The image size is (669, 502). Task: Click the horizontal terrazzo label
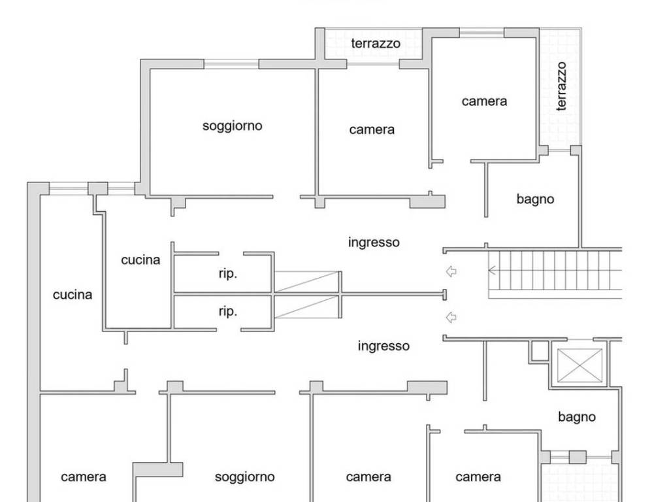pyautogui.click(x=376, y=44)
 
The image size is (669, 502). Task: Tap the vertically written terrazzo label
pyautogui.click(x=562, y=86)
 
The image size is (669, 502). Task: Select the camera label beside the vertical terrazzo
pyautogui.click(x=484, y=101)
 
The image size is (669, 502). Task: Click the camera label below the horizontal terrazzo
pyautogui.click(x=372, y=129)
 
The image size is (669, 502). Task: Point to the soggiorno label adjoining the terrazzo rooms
pyautogui.click(x=233, y=125)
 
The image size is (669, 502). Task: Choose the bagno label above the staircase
pyautogui.click(x=535, y=199)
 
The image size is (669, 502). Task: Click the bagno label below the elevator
pyautogui.click(x=577, y=416)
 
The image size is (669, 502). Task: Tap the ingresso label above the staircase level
pyautogui.click(x=374, y=243)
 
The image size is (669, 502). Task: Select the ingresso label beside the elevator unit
pyautogui.click(x=383, y=346)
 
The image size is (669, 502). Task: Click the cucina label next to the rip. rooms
pyautogui.click(x=140, y=259)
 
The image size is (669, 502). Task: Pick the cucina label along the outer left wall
pyautogui.click(x=73, y=295)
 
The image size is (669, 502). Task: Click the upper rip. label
pyautogui.click(x=227, y=274)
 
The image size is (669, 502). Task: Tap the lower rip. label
pyautogui.click(x=227, y=311)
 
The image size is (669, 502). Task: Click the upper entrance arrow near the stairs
pyautogui.click(x=451, y=272)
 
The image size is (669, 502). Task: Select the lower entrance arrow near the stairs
pyautogui.click(x=451, y=318)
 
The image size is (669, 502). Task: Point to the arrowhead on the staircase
pyautogui.click(x=492, y=269)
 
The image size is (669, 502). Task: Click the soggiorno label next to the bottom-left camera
pyautogui.click(x=244, y=477)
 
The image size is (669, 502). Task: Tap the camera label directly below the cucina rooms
pyautogui.click(x=84, y=477)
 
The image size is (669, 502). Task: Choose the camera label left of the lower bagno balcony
pyautogui.click(x=478, y=477)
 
